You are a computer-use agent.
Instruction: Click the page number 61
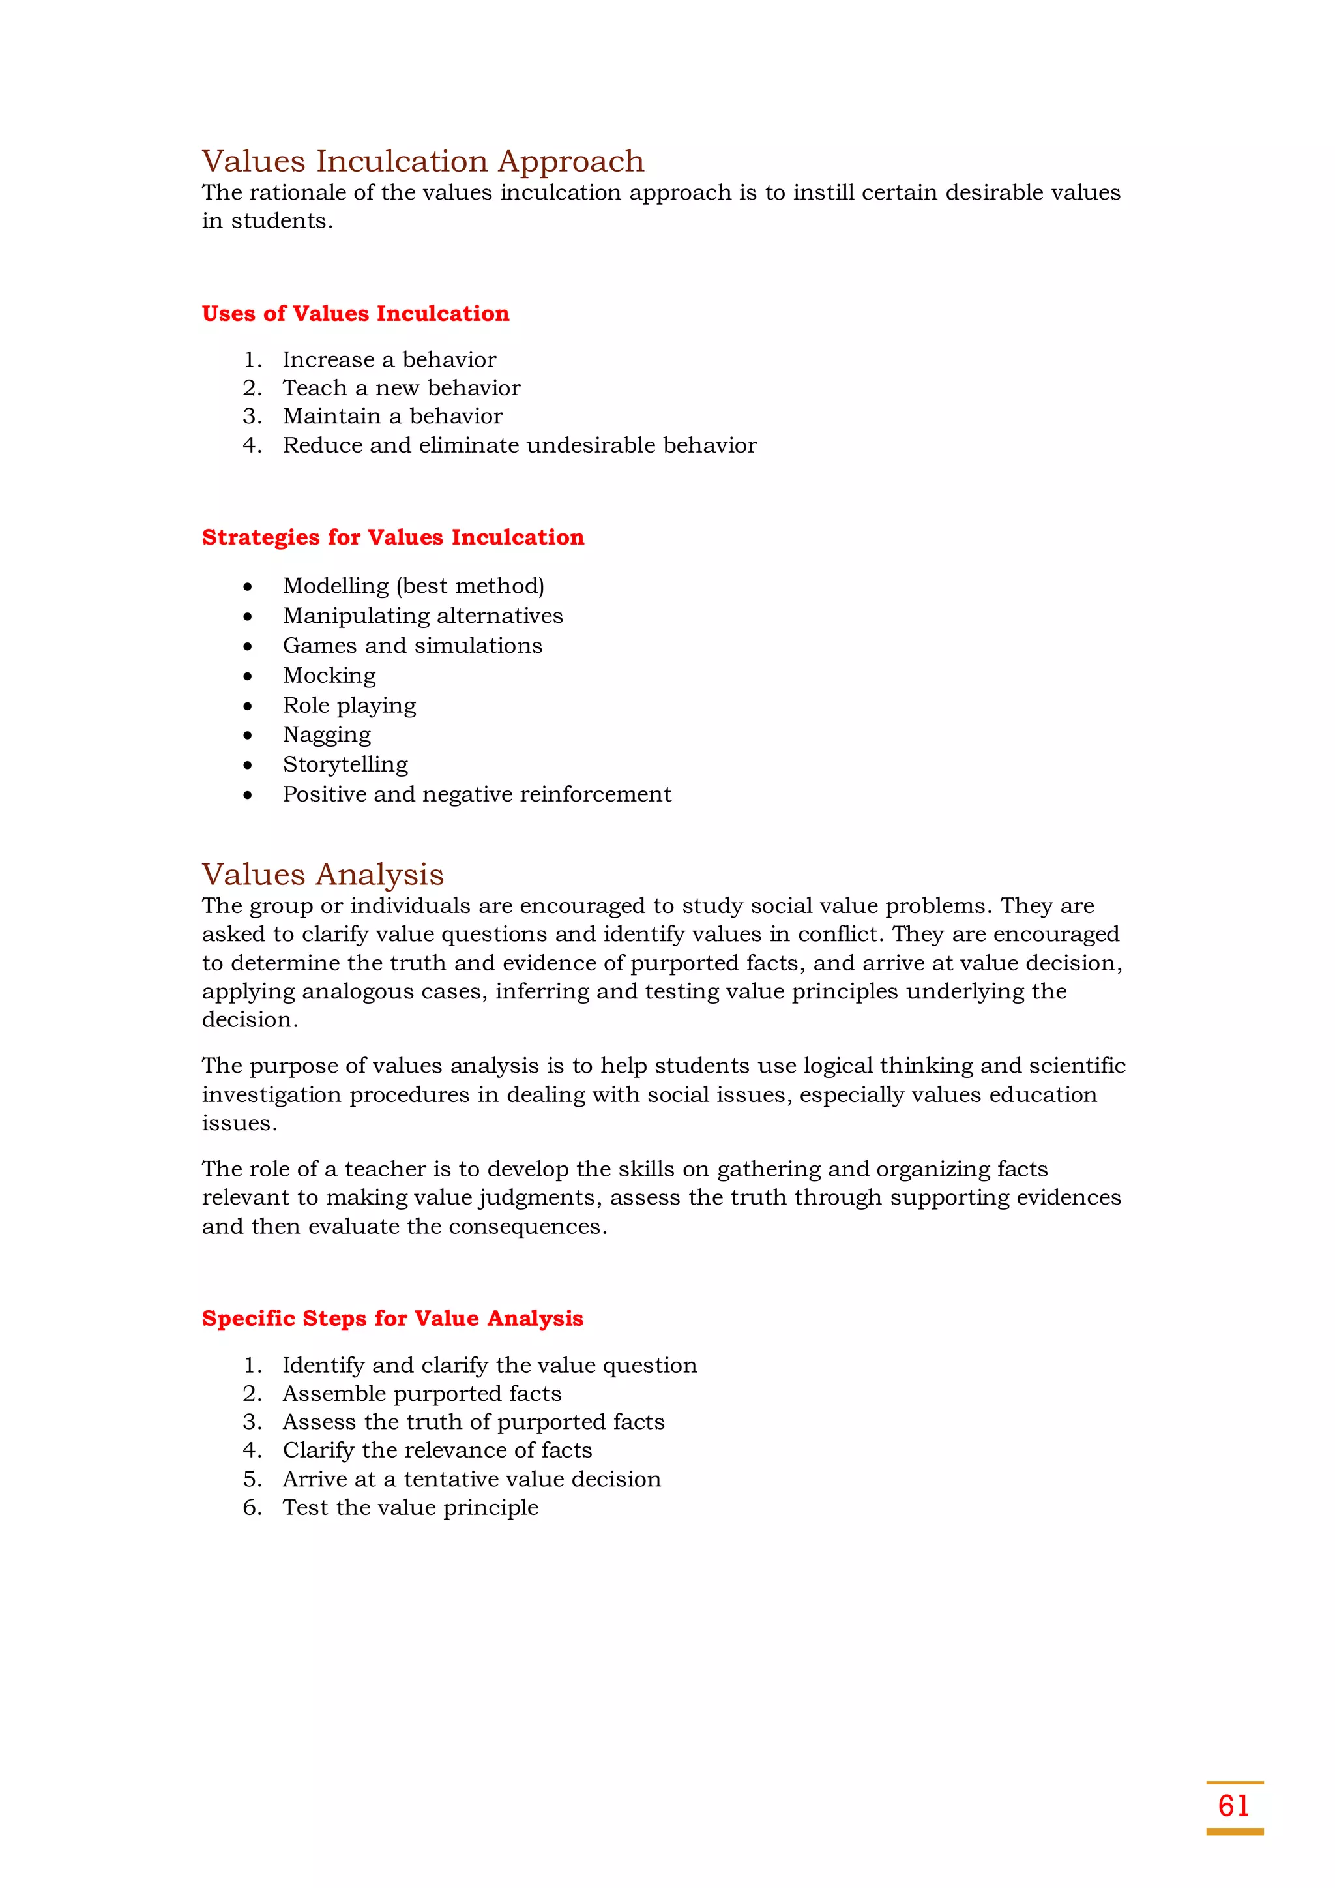coord(1233,1806)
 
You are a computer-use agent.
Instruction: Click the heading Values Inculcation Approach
coord(422,161)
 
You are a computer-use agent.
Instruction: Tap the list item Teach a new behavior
coord(401,387)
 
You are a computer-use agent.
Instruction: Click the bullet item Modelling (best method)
coord(413,586)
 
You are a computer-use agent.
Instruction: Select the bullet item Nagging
coord(327,734)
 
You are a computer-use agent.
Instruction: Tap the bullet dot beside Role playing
coord(248,706)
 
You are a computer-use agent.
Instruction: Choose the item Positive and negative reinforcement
coord(477,794)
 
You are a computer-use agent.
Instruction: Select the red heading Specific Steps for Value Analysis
coord(392,1318)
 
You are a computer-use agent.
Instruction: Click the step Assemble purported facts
coord(422,1393)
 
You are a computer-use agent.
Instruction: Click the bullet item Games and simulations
coord(412,646)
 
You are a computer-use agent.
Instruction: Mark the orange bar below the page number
coord(1234,1832)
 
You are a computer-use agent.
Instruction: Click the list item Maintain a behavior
coord(392,416)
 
